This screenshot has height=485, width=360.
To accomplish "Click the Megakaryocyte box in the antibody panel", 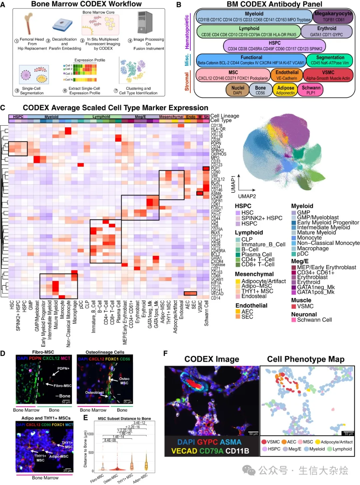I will point(333,16).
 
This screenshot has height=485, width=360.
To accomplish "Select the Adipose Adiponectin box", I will point(286,90).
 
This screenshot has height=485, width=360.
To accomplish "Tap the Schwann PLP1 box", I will point(311,90).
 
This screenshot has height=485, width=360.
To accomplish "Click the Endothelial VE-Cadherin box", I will point(287,75).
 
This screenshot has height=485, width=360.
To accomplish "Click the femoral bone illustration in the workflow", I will point(29,24).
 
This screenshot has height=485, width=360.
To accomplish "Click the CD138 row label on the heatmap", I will point(217,126).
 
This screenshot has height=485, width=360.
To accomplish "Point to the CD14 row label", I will point(216,298).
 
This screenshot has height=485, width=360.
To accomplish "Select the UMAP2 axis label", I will point(247,196).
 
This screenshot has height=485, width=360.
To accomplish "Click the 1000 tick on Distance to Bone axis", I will point(90,434).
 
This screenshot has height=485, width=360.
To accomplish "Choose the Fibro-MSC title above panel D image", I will point(43,352).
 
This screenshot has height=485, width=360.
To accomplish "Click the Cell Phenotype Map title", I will point(305,359).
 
